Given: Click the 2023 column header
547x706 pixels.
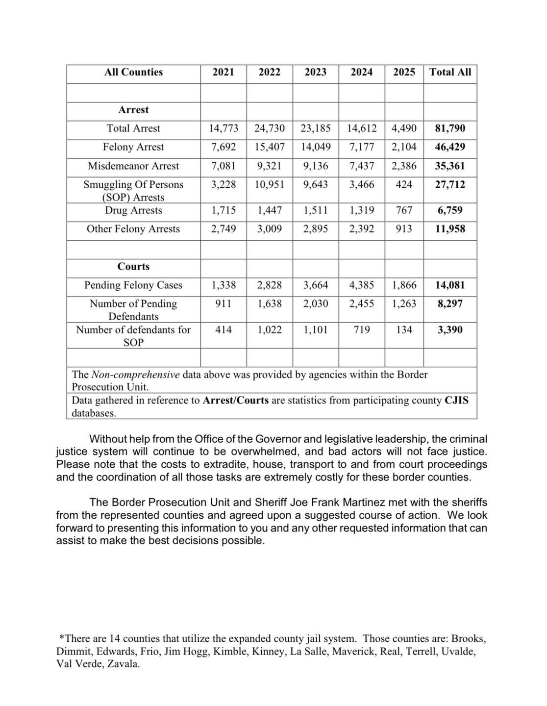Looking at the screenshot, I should click(315, 72).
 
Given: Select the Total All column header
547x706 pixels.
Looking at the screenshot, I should click(450, 72).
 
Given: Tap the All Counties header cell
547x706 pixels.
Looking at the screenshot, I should click(133, 72).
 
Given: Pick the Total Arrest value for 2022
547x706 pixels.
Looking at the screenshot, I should click(269, 128).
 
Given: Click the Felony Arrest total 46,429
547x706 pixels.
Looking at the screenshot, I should click(450, 147).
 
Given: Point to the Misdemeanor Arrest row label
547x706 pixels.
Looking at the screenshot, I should click(133, 166).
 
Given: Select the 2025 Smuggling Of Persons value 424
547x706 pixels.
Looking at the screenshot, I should click(404, 185).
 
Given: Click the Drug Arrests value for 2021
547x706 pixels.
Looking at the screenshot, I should click(224, 210).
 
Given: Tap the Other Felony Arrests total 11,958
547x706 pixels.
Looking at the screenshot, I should click(450, 229).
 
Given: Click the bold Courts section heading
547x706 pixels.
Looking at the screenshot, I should click(133, 267).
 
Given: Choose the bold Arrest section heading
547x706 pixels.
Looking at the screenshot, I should click(133, 110).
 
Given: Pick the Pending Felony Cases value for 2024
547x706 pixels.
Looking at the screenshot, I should click(362, 285).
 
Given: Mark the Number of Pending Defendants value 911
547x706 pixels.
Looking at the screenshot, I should click(224, 304).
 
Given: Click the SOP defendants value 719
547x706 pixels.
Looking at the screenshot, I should click(362, 330).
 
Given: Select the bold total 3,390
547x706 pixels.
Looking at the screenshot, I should click(450, 330).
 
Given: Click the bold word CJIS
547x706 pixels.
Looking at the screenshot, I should click(456, 401).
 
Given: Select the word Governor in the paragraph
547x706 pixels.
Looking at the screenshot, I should click(271, 439).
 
